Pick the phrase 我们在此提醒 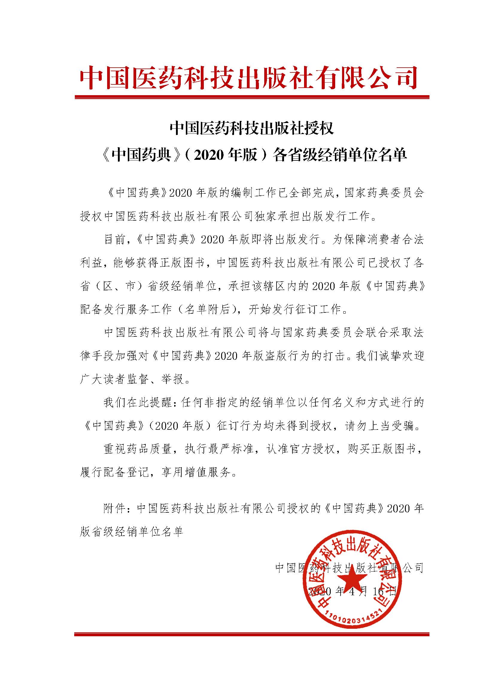[x=136, y=403]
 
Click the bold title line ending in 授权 [x=251, y=128]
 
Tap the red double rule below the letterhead [x=251, y=97]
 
